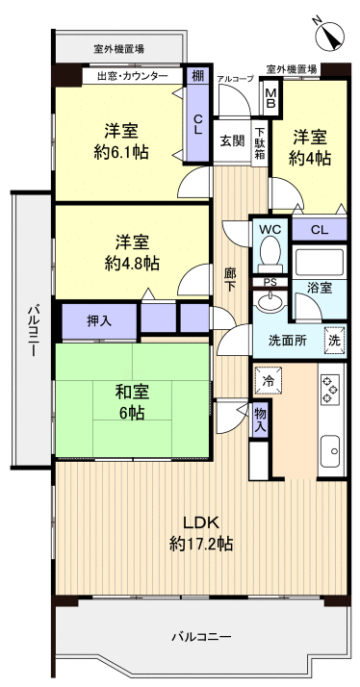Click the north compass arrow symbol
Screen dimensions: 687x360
point(330,33)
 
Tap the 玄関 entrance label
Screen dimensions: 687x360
point(231,140)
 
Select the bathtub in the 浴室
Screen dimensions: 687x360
point(318,262)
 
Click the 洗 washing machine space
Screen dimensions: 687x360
point(333,339)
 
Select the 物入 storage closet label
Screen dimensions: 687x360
point(260,419)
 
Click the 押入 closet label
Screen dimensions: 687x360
point(99,320)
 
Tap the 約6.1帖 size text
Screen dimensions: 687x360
point(120,151)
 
